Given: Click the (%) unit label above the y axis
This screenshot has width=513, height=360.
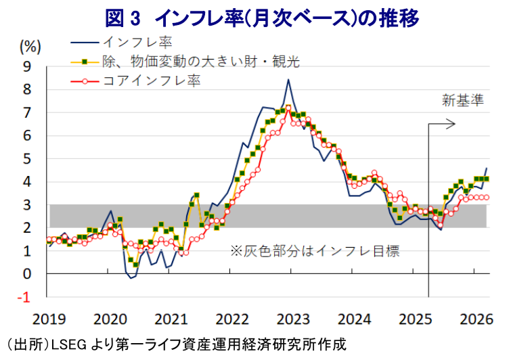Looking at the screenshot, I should coord(30,46).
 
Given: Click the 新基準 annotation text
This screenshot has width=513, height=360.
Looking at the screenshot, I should coord(464,101).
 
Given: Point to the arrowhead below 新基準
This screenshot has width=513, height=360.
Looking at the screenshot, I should coord(454,125).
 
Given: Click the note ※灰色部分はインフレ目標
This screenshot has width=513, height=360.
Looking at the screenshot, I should coord(315,251).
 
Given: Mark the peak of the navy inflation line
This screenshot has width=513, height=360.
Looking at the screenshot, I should coord(288,80).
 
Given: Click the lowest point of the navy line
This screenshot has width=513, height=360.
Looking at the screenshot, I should coord(131,277).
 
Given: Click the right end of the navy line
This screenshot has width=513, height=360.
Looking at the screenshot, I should coord(487,168).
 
